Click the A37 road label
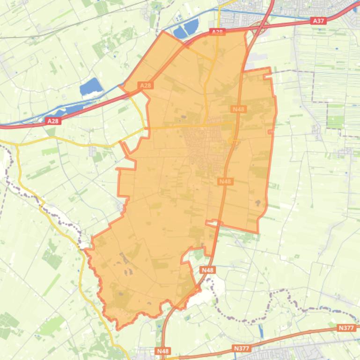pos(318,21)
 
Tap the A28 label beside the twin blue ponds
pos(217,32)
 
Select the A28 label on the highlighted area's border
pos(146,86)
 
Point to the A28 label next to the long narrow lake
pos(52,121)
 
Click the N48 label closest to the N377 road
pos(162,351)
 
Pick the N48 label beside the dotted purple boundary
pos(207,270)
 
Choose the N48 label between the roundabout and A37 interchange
pos(239,109)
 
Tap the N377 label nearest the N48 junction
pos(241,348)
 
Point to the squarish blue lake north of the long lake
pos(91,86)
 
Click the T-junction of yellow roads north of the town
pos(206,125)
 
